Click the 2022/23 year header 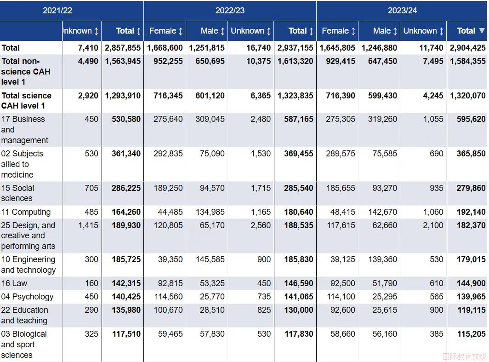pos(230,11)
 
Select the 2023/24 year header pos(402,11)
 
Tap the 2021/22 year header pos(57,11)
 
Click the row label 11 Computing pos(26,212)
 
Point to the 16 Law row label pos(14,283)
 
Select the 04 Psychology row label pos(27,297)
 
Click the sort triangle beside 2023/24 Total pos(482,30)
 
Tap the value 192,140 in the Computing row pos(471,212)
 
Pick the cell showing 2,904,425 pos(467,48)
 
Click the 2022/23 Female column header pos(163,31)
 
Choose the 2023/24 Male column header pos(382,31)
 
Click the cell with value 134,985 pos(210,212)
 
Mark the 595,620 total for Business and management pos(471,119)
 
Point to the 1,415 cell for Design pos(88,225)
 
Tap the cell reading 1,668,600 pos(165,48)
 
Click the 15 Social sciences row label pos(18,193)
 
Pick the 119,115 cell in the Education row pos(472,310)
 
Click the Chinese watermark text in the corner pos(464,356)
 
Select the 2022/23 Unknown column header pos(247,31)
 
